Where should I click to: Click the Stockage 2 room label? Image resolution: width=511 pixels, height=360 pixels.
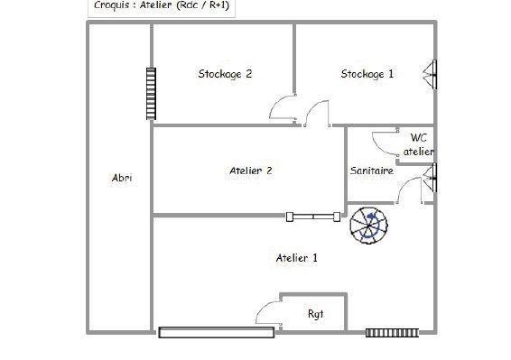point(224,74)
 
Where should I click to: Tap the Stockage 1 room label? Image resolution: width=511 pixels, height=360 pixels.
point(367,74)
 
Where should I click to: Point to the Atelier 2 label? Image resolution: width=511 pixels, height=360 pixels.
point(251,170)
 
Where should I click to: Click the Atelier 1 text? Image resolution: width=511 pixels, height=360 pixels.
point(296,258)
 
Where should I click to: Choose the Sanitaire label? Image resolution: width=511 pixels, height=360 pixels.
point(371,170)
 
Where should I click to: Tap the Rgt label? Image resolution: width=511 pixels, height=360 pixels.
point(315,314)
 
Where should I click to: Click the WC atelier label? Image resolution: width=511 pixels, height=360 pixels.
point(418,144)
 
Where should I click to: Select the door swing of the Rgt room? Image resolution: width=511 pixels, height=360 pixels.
point(267,312)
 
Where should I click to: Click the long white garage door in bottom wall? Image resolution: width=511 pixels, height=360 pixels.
point(216,332)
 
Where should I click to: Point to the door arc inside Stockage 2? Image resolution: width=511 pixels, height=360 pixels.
point(283,107)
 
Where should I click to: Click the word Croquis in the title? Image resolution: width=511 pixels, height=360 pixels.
point(113,5)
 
